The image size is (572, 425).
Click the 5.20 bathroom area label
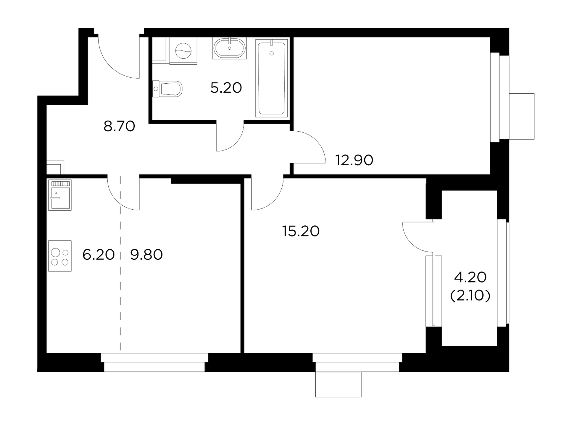(226, 88)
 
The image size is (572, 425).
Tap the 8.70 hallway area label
(119, 126)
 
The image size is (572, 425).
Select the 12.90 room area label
(354, 160)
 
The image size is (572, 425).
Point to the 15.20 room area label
(301, 231)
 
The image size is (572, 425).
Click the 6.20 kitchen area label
(99, 255)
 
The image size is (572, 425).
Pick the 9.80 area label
(146, 255)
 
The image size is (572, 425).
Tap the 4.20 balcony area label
(470, 277)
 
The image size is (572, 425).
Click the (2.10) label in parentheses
(470, 296)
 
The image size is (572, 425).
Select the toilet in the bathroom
(167, 89)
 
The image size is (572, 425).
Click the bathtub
(272, 78)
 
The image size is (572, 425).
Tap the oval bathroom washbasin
(229, 48)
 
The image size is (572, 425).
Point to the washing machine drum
(183, 50)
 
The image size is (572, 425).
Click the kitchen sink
(60, 195)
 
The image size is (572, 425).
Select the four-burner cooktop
(60, 256)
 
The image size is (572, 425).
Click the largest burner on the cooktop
(55, 252)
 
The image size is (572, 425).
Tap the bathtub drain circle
(271, 53)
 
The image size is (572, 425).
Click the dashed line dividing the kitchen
(121, 264)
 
